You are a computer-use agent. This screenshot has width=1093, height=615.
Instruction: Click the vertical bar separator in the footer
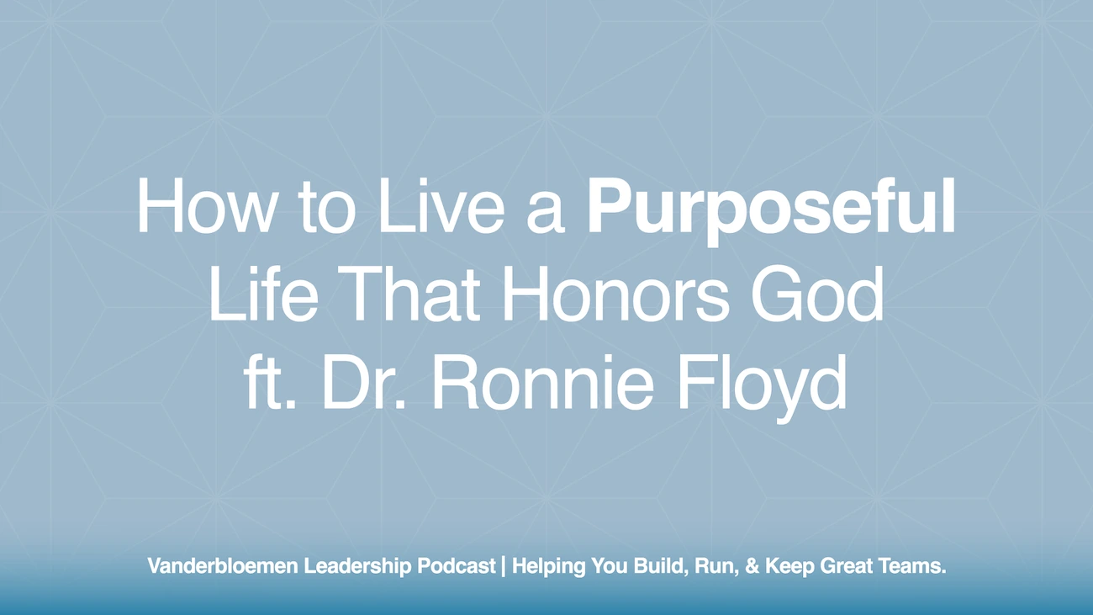(x=504, y=567)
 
